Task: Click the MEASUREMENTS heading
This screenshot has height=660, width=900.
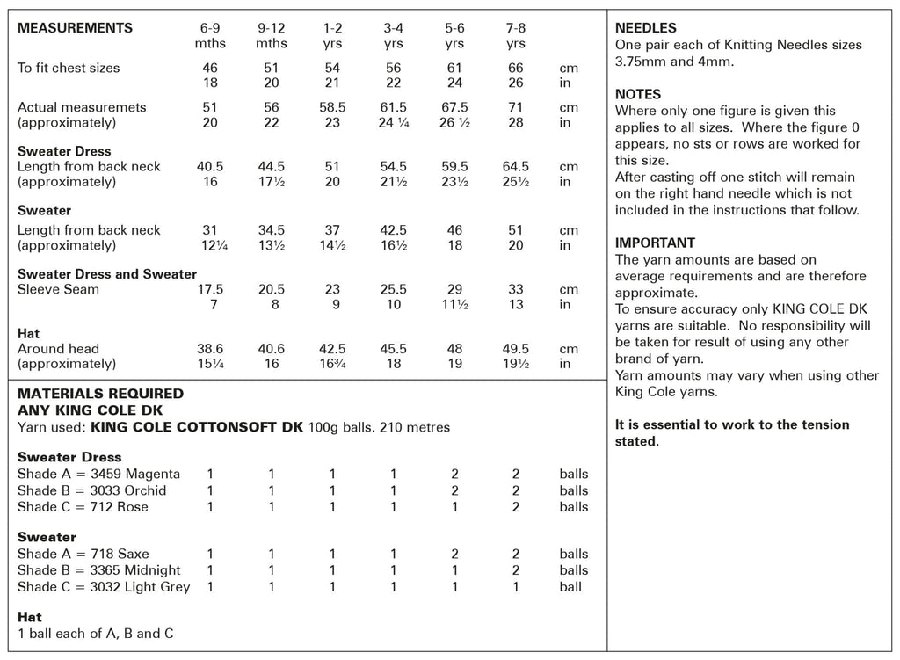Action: [x=76, y=28]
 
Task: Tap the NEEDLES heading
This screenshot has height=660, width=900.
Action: [x=646, y=28]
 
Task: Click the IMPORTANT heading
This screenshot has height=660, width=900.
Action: [x=655, y=243]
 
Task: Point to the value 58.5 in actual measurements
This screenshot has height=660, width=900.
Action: [x=332, y=107]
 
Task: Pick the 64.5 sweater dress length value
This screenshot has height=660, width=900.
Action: [x=516, y=167]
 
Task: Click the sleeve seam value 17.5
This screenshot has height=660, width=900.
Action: [x=210, y=290]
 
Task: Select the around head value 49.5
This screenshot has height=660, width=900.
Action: [x=516, y=349]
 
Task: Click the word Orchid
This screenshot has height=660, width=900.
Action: [x=145, y=490]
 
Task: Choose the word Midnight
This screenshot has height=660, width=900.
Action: [x=153, y=570]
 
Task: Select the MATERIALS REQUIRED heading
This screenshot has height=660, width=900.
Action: [x=101, y=394]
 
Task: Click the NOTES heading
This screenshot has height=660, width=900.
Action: [x=638, y=94]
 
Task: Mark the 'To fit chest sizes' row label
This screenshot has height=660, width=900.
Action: [x=69, y=68]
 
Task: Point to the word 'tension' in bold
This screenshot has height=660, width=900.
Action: [x=819, y=425]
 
